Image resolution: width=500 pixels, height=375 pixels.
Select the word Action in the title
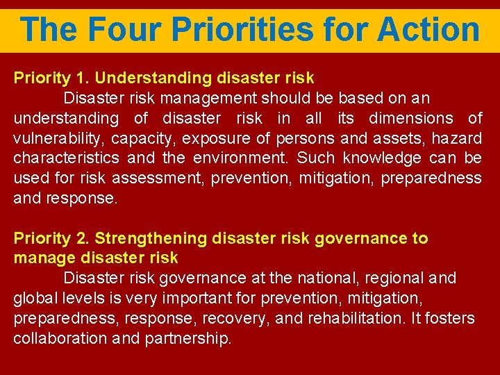click(428, 30)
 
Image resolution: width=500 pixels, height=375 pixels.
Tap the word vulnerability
click(56, 138)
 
